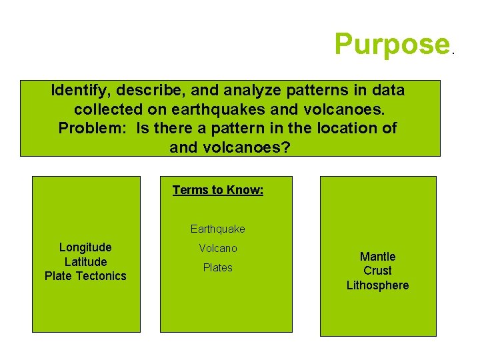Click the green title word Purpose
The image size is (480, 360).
(x=393, y=44)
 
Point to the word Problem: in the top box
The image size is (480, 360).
(x=95, y=128)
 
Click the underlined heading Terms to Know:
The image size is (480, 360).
(x=218, y=190)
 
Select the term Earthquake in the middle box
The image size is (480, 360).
(x=217, y=229)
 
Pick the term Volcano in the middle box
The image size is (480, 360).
(x=217, y=248)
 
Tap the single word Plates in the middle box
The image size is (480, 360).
(x=217, y=267)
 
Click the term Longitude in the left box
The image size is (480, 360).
(x=85, y=247)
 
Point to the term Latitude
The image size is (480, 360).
(x=85, y=262)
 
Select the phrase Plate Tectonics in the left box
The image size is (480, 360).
(x=85, y=276)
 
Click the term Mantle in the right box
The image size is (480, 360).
(x=377, y=257)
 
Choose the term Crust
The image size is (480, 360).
(x=377, y=271)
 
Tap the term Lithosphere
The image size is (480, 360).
(x=377, y=285)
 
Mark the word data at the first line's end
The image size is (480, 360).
(x=387, y=90)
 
